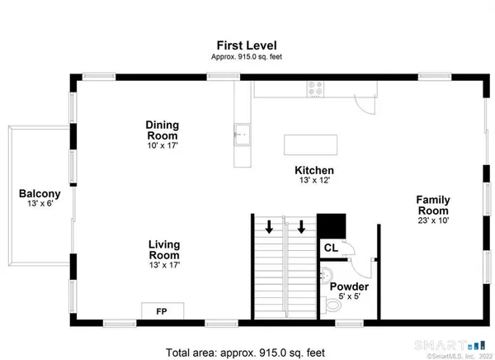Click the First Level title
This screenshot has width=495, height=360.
click(247, 45)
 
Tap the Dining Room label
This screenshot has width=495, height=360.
click(163, 130)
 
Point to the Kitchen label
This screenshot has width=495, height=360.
click(314, 171)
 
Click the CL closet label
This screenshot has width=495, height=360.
click(330, 247)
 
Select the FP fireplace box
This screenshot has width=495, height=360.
click(162, 311)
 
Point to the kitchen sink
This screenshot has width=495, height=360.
click(243, 132)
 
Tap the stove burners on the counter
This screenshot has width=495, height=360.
click(316, 85)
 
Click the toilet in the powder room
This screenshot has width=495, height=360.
click(332, 306)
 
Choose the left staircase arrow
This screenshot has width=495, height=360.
click(269, 226)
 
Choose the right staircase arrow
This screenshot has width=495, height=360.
click(302, 226)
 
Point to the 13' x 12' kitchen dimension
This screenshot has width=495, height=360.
click(314, 182)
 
